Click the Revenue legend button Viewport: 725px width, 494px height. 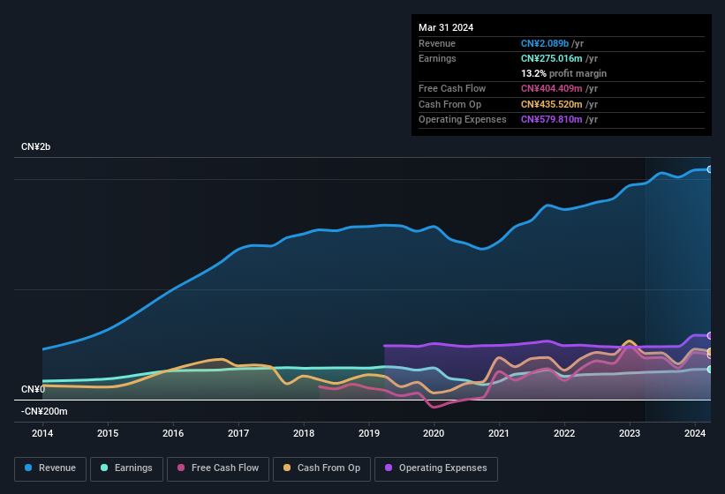point(51,468)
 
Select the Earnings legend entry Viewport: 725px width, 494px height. point(127,468)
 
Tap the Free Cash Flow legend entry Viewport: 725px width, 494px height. point(218,468)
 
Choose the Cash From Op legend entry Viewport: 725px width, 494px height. point(322,468)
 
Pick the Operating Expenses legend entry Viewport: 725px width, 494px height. point(436,468)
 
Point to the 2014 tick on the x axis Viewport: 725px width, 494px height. point(42,433)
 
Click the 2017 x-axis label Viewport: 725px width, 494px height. point(238,433)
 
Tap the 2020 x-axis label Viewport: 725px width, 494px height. point(434,433)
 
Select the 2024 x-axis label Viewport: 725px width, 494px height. point(694,433)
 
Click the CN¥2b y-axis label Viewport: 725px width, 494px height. point(36,146)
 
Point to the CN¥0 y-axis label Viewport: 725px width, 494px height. point(33,389)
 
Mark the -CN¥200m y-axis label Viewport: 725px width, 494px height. point(44,411)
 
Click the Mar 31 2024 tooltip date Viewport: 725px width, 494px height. point(446,27)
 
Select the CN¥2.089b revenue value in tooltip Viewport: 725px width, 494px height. point(545,43)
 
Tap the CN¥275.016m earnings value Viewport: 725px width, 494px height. point(552,58)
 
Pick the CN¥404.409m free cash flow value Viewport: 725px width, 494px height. point(552,88)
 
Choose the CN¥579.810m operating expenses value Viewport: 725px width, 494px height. point(552,119)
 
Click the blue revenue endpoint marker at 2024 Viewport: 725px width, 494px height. point(709,169)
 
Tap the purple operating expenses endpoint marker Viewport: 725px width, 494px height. point(709,335)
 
